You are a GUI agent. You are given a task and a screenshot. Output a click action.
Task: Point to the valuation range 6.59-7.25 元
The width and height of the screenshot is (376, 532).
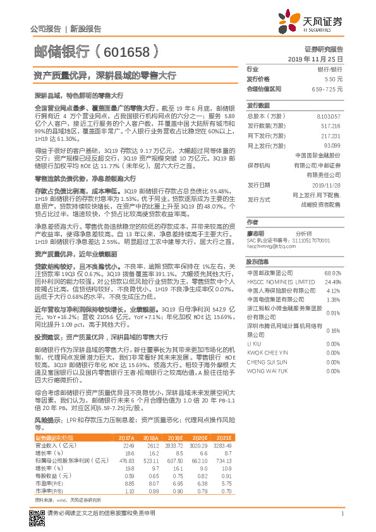coord(327,89)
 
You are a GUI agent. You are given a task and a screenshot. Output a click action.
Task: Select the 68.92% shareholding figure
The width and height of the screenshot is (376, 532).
coord(332,273)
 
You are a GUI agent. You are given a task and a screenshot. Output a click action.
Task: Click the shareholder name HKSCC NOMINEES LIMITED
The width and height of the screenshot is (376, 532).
coord(276,282)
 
